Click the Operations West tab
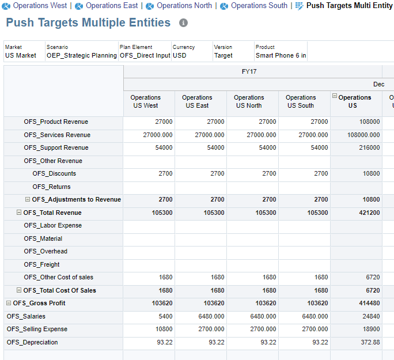tap(39, 6)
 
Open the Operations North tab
tap(184, 6)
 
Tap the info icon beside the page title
tap(183, 23)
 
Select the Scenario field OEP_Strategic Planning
tap(81, 55)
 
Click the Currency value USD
tap(180, 55)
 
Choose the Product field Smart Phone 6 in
tap(281, 55)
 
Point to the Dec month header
tap(378, 84)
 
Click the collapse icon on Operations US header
tap(335, 96)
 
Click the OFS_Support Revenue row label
tap(56, 148)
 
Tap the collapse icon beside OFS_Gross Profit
tap(9, 303)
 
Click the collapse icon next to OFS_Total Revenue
tap(19, 213)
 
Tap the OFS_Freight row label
tap(41, 264)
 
